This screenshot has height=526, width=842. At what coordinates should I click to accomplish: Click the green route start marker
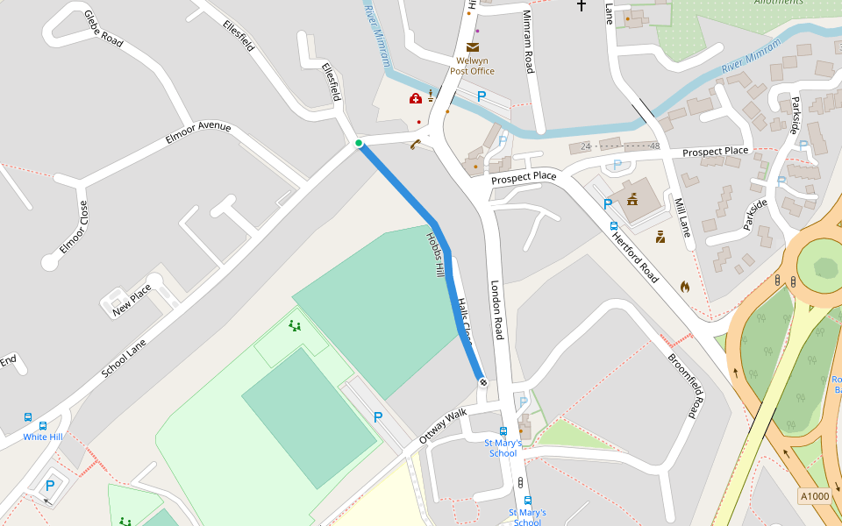pyautogui.click(x=359, y=143)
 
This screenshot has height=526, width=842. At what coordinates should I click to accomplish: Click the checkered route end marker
pyautogui.click(x=482, y=381)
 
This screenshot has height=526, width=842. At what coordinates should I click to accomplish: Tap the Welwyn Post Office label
pyautogui.click(x=472, y=66)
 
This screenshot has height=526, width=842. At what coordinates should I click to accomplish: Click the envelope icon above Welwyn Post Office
pyautogui.click(x=473, y=47)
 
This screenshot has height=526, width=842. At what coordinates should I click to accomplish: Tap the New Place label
pyautogui.click(x=132, y=295)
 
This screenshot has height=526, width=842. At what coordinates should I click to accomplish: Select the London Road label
pyautogui.click(x=497, y=310)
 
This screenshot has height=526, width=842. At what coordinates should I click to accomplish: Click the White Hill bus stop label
pyautogui.click(x=42, y=437)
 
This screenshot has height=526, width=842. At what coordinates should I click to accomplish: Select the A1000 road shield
pyautogui.click(x=814, y=496)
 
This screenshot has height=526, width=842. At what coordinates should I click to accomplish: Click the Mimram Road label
pyautogui.click(x=528, y=50)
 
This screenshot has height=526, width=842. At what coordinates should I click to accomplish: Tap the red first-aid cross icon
pyautogui.click(x=416, y=98)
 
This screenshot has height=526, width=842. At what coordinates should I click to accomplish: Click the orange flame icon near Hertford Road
pyautogui.click(x=685, y=286)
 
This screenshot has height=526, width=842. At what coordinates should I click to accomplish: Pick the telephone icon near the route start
pyautogui.click(x=415, y=145)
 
